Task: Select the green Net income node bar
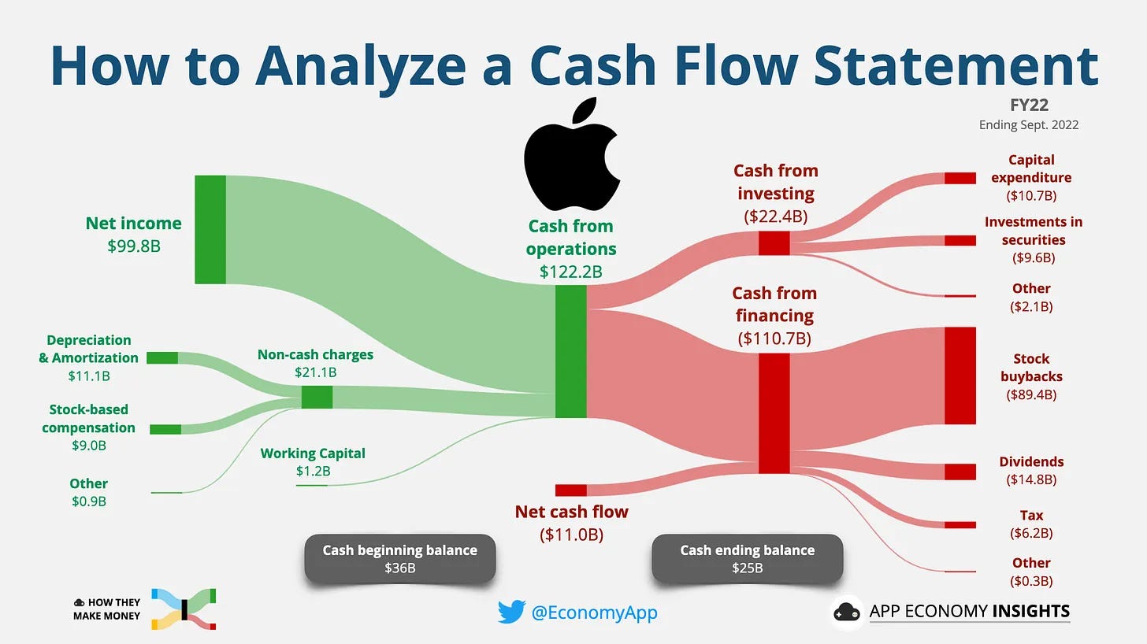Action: [x=210, y=229]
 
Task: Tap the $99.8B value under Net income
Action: [x=134, y=246]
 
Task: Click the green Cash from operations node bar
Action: [x=570, y=351]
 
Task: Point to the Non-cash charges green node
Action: [x=317, y=397]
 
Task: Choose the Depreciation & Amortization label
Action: [x=88, y=349]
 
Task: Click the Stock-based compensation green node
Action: [x=165, y=429]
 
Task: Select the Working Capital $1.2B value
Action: [x=313, y=471]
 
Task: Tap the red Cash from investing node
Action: [x=774, y=242]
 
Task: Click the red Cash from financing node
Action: [x=774, y=413]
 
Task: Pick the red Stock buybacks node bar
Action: [x=960, y=376]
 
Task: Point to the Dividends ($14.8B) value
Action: [x=1031, y=479]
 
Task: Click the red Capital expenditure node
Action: [x=960, y=178]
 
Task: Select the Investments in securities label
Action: [x=1033, y=231]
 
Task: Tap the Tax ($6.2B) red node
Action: [x=960, y=525]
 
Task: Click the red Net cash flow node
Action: [x=570, y=490]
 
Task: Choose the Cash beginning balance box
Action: [x=400, y=559]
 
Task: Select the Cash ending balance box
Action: [x=747, y=559]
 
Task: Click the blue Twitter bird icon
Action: [x=510, y=612]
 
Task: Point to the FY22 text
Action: [x=1028, y=105]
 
